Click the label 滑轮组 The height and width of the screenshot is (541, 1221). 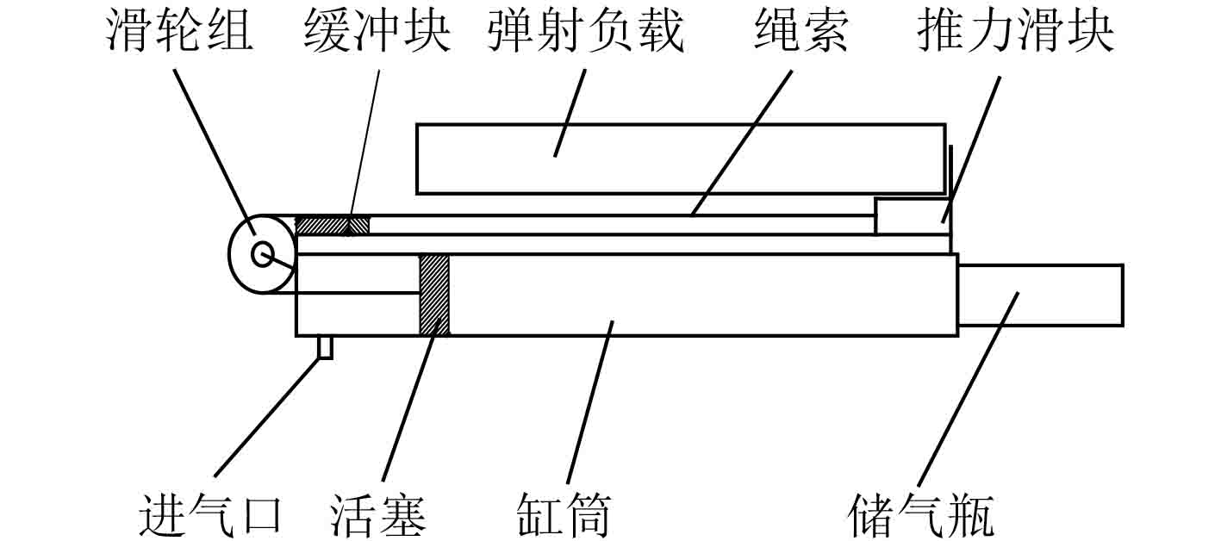pyautogui.click(x=180, y=32)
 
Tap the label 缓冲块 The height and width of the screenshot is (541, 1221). pyautogui.click(x=377, y=32)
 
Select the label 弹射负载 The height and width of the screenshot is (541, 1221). pyautogui.click(x=585, y=32)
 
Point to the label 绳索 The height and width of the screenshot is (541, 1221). pyautogui.click(x=801, y=32)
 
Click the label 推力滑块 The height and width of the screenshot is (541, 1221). pyautogui.click(x=1017, y=32)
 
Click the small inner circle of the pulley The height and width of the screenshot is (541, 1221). pyautogui.click(x=262, y=253)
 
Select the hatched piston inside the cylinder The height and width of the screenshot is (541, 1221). pyautogui.click(x=434, y=294)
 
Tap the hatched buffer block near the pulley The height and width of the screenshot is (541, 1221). pyautogui.click(x=333, y=225)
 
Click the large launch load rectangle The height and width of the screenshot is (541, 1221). pyautogui.click(x=680, y=159)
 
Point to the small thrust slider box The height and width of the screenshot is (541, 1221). pyautogui.click(x=912, y=215)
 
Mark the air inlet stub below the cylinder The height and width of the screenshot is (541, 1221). pyautogui.click(x=325, y=346)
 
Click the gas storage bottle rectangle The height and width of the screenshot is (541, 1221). pyautogui.click(x=1040, y=295)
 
